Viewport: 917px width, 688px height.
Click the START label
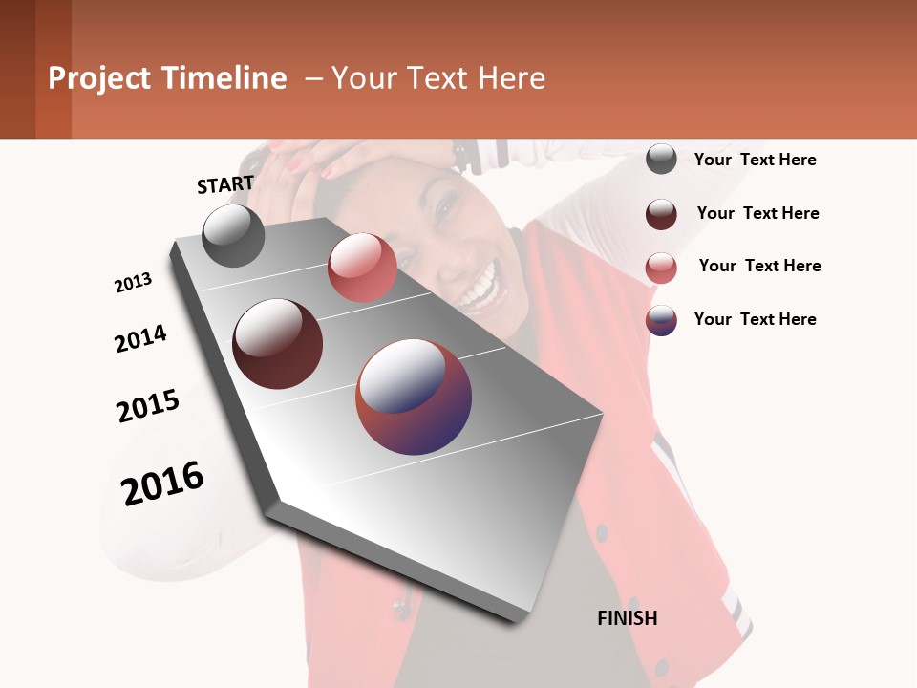coord(225,184)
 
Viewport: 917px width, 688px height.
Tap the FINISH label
coord(627,618)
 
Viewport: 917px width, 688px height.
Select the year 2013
coord(134,282)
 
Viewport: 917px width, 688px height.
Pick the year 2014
coord(140,338)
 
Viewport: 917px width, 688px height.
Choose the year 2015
coord(148,406)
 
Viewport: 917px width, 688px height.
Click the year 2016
coord(162,483)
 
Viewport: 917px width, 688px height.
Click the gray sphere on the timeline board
coord(234,235)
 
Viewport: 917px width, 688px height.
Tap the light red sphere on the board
coord(362,268)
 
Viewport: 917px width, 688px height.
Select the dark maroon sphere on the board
coord(277,343)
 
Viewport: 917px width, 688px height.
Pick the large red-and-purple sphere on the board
coord(414,396)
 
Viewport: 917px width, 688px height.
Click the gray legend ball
coord(661,159)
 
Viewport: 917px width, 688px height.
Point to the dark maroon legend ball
coord(661,214)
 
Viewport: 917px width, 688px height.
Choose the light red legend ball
coord(661,268)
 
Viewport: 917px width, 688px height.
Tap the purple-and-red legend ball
coord(661,320)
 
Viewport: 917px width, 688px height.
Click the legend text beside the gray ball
coord(755,160)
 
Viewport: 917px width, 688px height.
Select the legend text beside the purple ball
coord(755,319)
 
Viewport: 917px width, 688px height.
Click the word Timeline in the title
coord(224,78)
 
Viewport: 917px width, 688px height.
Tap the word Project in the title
coord(99,78)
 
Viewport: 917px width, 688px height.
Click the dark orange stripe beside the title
coord(53,69)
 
